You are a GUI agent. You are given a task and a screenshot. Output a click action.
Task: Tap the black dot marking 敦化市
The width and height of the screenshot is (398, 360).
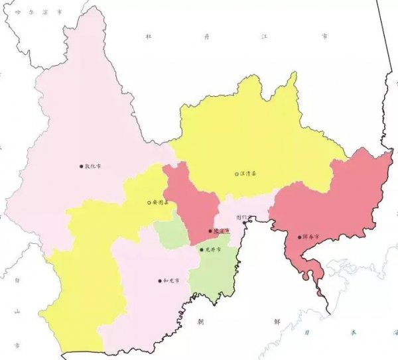[x=82, y=166]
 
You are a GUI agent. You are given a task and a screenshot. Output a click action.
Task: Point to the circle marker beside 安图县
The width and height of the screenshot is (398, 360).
[x=149, y=202]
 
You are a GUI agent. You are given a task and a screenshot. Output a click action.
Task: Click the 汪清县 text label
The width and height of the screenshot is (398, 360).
[x=248, y=174]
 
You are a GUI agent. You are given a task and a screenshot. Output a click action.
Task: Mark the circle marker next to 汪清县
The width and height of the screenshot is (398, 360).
[x=237, y=174]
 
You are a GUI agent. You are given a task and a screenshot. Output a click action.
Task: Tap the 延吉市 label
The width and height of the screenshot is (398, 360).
[x=221, y=231]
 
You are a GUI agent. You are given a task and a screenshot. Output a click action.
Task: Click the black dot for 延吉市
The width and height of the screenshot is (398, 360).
[x=210, y=231]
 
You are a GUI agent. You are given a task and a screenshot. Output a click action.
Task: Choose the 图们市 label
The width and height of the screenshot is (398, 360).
[x=241, y=217]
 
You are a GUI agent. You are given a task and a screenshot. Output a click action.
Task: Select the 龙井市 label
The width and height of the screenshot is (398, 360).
[x=212, y=249]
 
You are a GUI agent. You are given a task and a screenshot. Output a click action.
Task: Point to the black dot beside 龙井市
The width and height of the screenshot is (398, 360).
[x=202, y=249]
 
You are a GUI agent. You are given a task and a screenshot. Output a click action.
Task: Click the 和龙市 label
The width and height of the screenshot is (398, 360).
[x=170, y=280]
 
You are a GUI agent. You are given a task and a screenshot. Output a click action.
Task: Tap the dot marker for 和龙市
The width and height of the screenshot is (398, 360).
[x=160, y=280]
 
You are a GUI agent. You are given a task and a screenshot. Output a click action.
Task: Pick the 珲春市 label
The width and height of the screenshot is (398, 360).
[x=310, y=236]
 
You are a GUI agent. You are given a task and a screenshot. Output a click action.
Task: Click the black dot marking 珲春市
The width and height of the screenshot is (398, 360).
[x=300, y=236]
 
